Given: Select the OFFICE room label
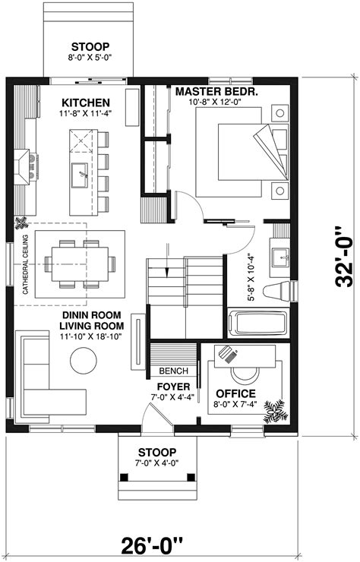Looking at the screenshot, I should pos(235,393).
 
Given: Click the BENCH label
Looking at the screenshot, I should pos(173,371).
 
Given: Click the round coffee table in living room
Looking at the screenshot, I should pos(83,358).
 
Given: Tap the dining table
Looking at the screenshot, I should pos(79,264).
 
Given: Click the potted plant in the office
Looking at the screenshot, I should pos(273,411).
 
